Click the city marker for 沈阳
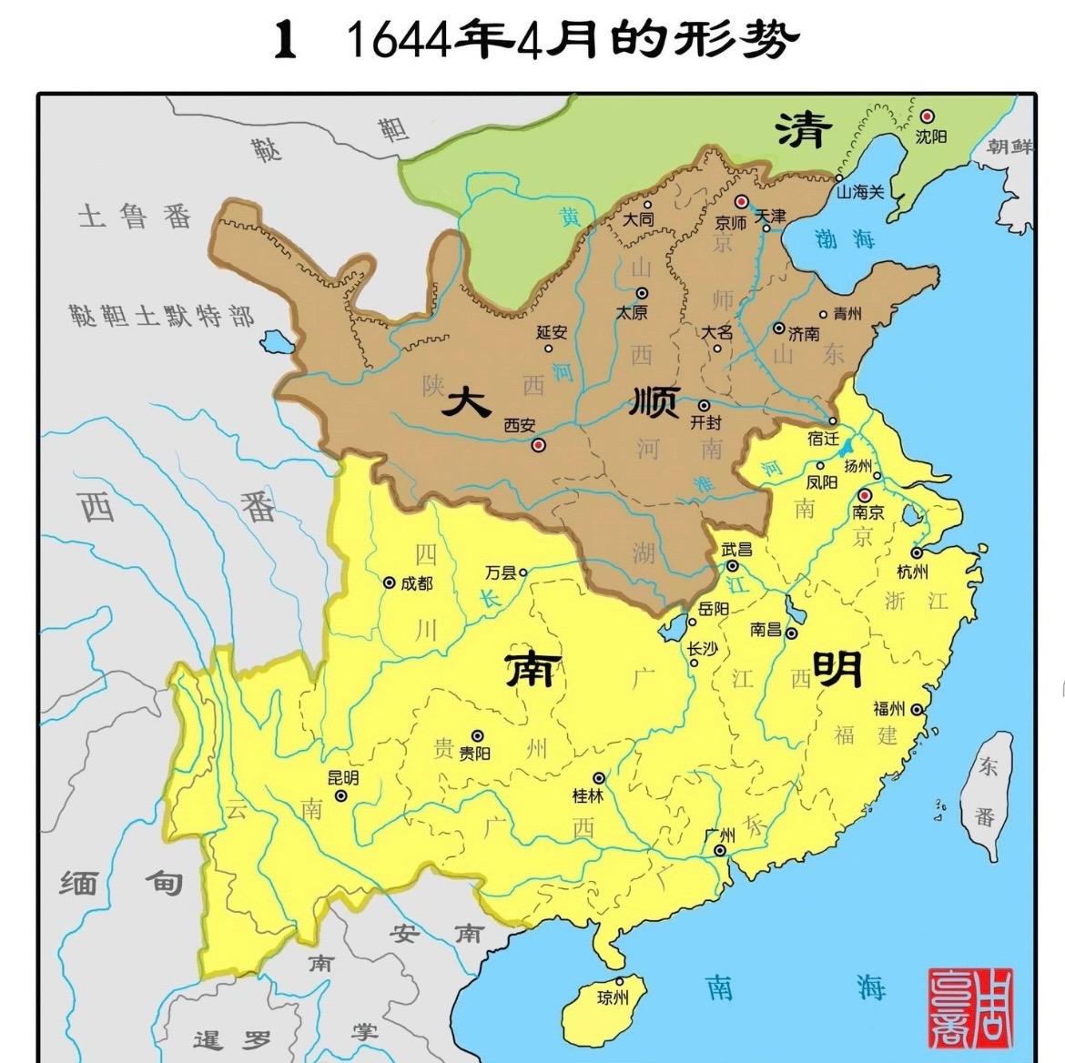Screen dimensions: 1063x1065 point(928,116)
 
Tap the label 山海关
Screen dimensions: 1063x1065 point(860,192)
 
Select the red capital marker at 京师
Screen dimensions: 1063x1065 point(742,201)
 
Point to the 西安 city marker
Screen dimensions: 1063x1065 point(538,444)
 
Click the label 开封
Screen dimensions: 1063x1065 point(705,422)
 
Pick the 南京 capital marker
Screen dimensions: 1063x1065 point(864,496)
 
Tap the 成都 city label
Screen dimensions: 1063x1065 point(416,582)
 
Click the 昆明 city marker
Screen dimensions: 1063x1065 point(341,795)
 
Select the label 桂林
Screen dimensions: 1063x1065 point(587,795)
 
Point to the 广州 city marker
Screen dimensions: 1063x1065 point(720,851)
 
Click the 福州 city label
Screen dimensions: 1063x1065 point(888,709)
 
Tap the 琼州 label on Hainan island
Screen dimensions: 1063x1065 point(613,998)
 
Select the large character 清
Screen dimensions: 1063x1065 point(804,130)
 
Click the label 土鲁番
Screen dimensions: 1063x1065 point(135,218)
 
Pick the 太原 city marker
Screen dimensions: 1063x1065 point(642,293)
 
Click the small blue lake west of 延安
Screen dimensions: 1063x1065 point(271,343)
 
